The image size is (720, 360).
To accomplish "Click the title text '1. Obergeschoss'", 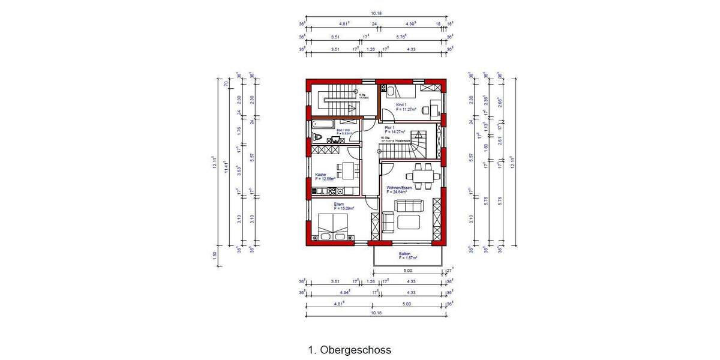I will coord(349,349).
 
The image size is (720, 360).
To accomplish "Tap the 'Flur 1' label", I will coord(389,128).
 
